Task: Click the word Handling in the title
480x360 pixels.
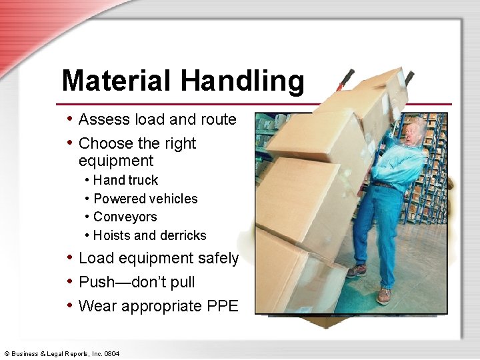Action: click(242, 81)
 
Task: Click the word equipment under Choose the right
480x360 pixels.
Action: click(116, 161)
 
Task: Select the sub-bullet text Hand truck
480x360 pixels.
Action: click(126, 180)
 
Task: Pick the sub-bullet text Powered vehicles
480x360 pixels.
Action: click(145, 199)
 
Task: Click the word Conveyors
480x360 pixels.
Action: click(125, 217)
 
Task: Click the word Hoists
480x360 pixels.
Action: click(112, 235)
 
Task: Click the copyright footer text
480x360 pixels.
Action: click(62, 353)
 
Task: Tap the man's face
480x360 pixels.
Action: click(413, 131)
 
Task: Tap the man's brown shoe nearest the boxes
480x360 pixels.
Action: click(357, 270)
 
